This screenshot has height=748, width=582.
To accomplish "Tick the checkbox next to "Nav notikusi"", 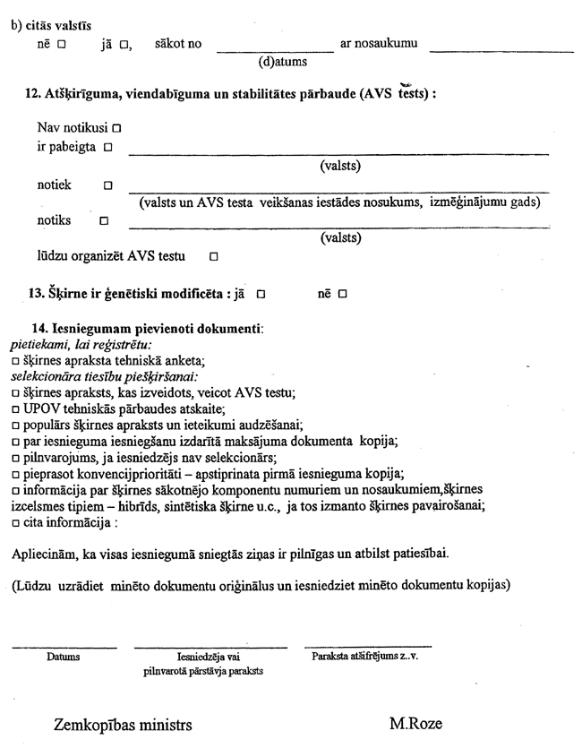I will (117, 129).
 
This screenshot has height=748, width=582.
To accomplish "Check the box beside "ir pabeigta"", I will (107, 147).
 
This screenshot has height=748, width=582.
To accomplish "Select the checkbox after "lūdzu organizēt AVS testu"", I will (214, 257).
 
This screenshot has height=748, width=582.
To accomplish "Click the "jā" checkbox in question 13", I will (261, 294).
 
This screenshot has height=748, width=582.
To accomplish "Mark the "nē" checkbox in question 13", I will (342, 294).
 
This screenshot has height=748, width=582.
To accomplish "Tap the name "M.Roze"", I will (415, 724).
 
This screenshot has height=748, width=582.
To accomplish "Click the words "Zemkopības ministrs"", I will (123, 724).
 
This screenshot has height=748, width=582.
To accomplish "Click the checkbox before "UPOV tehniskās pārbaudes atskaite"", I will (16, 409).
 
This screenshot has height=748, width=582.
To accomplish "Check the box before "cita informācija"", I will (16, 523).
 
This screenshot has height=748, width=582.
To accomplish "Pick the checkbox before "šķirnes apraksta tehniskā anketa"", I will (16, 361).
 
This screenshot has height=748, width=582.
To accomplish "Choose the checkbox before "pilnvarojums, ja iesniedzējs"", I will (16, 458).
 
